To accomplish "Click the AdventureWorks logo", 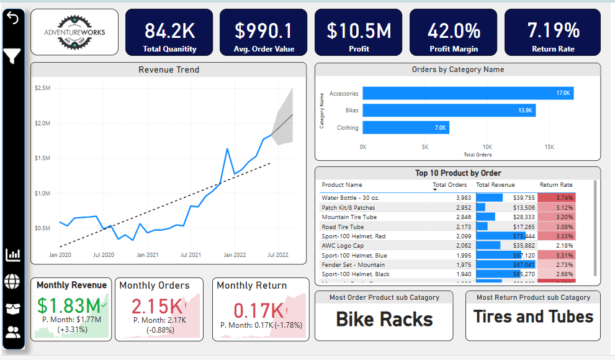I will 74,32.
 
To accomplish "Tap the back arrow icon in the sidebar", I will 12,19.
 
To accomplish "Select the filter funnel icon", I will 12,56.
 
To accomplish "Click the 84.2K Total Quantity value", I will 169,30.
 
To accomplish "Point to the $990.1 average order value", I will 264,30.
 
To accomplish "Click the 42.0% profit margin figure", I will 454,30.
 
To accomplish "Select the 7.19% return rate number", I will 553,30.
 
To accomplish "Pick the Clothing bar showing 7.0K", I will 406,128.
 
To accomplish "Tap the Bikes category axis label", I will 352,110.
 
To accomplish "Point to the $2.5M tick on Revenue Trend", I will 43,88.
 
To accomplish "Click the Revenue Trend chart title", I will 169,70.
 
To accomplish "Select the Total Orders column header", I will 449,185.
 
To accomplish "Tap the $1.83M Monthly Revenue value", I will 68,305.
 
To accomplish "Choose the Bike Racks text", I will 384,318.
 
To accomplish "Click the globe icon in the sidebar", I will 12,281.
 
